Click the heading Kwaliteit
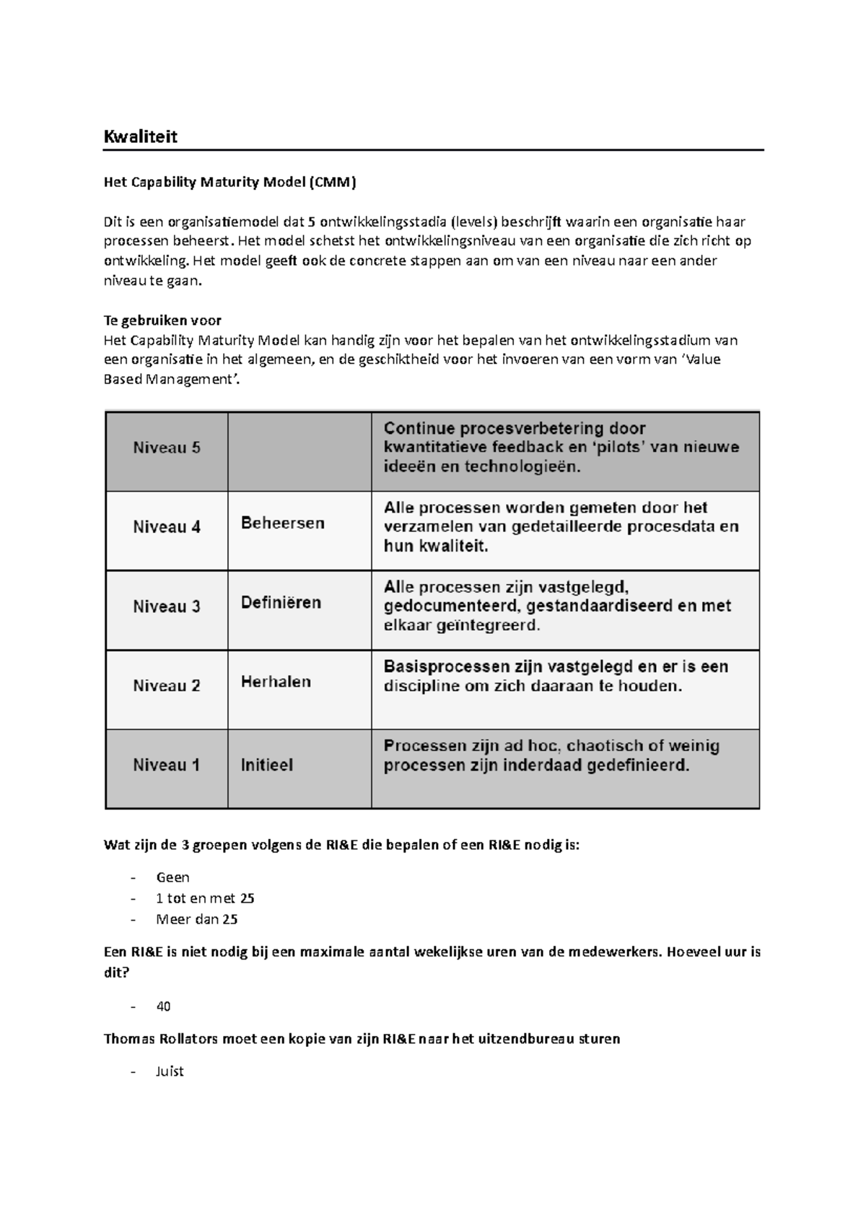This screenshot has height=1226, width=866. (140, 136)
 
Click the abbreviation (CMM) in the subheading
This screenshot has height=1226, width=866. (333, 182)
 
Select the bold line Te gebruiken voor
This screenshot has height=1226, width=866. (162, 321)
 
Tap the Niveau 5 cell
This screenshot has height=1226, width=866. (167, 448)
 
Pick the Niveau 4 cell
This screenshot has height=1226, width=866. (167, 527)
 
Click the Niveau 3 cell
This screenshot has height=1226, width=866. (167, 607)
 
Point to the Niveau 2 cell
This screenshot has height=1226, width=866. (167, 686)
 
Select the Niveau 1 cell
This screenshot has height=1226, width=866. (167, 765)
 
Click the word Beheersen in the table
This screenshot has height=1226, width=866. (282, 523)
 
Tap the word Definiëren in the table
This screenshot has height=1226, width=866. (281, 602)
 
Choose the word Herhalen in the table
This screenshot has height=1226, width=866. (276, 682)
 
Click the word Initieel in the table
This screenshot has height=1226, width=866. (266, 765)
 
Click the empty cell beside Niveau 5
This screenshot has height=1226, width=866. (299, 451)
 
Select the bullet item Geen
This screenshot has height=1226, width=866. (172, 878)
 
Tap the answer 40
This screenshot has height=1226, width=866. (163, 1007)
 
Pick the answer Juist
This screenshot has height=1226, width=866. (170, 1071)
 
